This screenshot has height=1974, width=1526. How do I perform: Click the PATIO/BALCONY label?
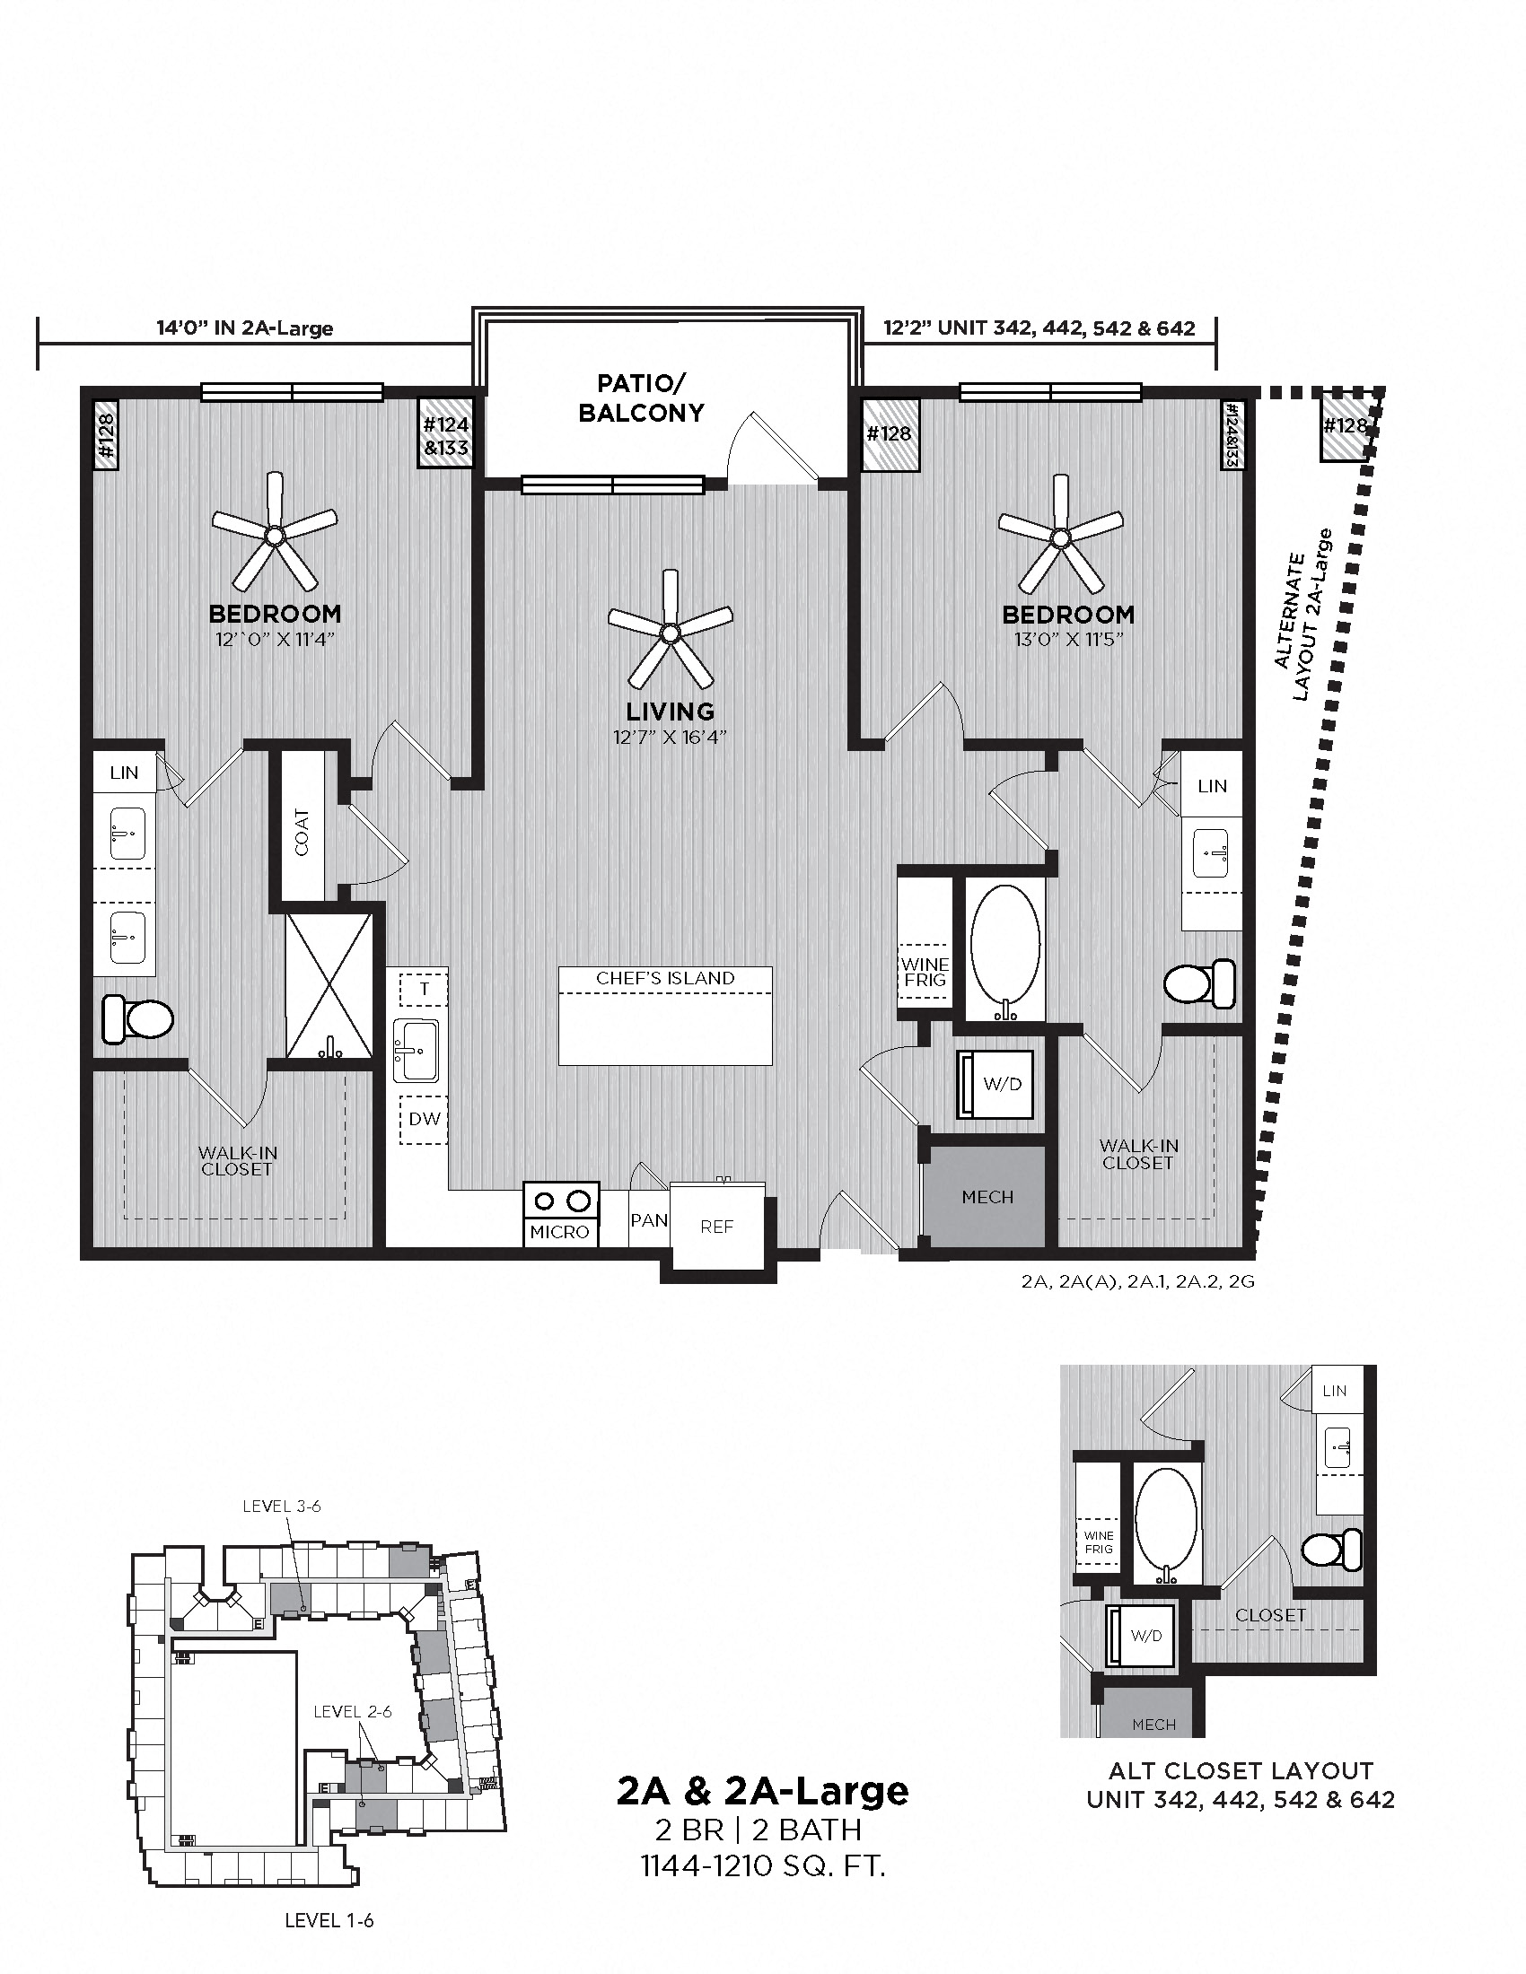640,397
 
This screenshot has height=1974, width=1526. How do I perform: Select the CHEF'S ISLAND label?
664,978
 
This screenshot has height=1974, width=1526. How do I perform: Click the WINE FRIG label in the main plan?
924,972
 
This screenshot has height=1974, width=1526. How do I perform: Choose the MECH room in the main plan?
987,1197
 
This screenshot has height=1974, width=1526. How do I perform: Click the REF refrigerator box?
717,1227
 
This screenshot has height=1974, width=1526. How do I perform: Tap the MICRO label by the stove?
559,1232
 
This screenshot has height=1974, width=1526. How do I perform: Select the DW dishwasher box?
424,1119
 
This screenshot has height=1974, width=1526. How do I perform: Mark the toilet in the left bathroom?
137,1018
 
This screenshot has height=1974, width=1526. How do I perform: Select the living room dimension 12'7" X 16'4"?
669,737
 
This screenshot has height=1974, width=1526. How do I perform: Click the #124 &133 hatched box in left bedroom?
446,434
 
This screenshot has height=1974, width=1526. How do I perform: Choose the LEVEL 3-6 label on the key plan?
281,1506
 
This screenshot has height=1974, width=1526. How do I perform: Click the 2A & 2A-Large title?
762,1792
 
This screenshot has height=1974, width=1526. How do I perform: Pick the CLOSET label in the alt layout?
1270,1614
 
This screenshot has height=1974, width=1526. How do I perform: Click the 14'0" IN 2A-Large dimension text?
244,328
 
